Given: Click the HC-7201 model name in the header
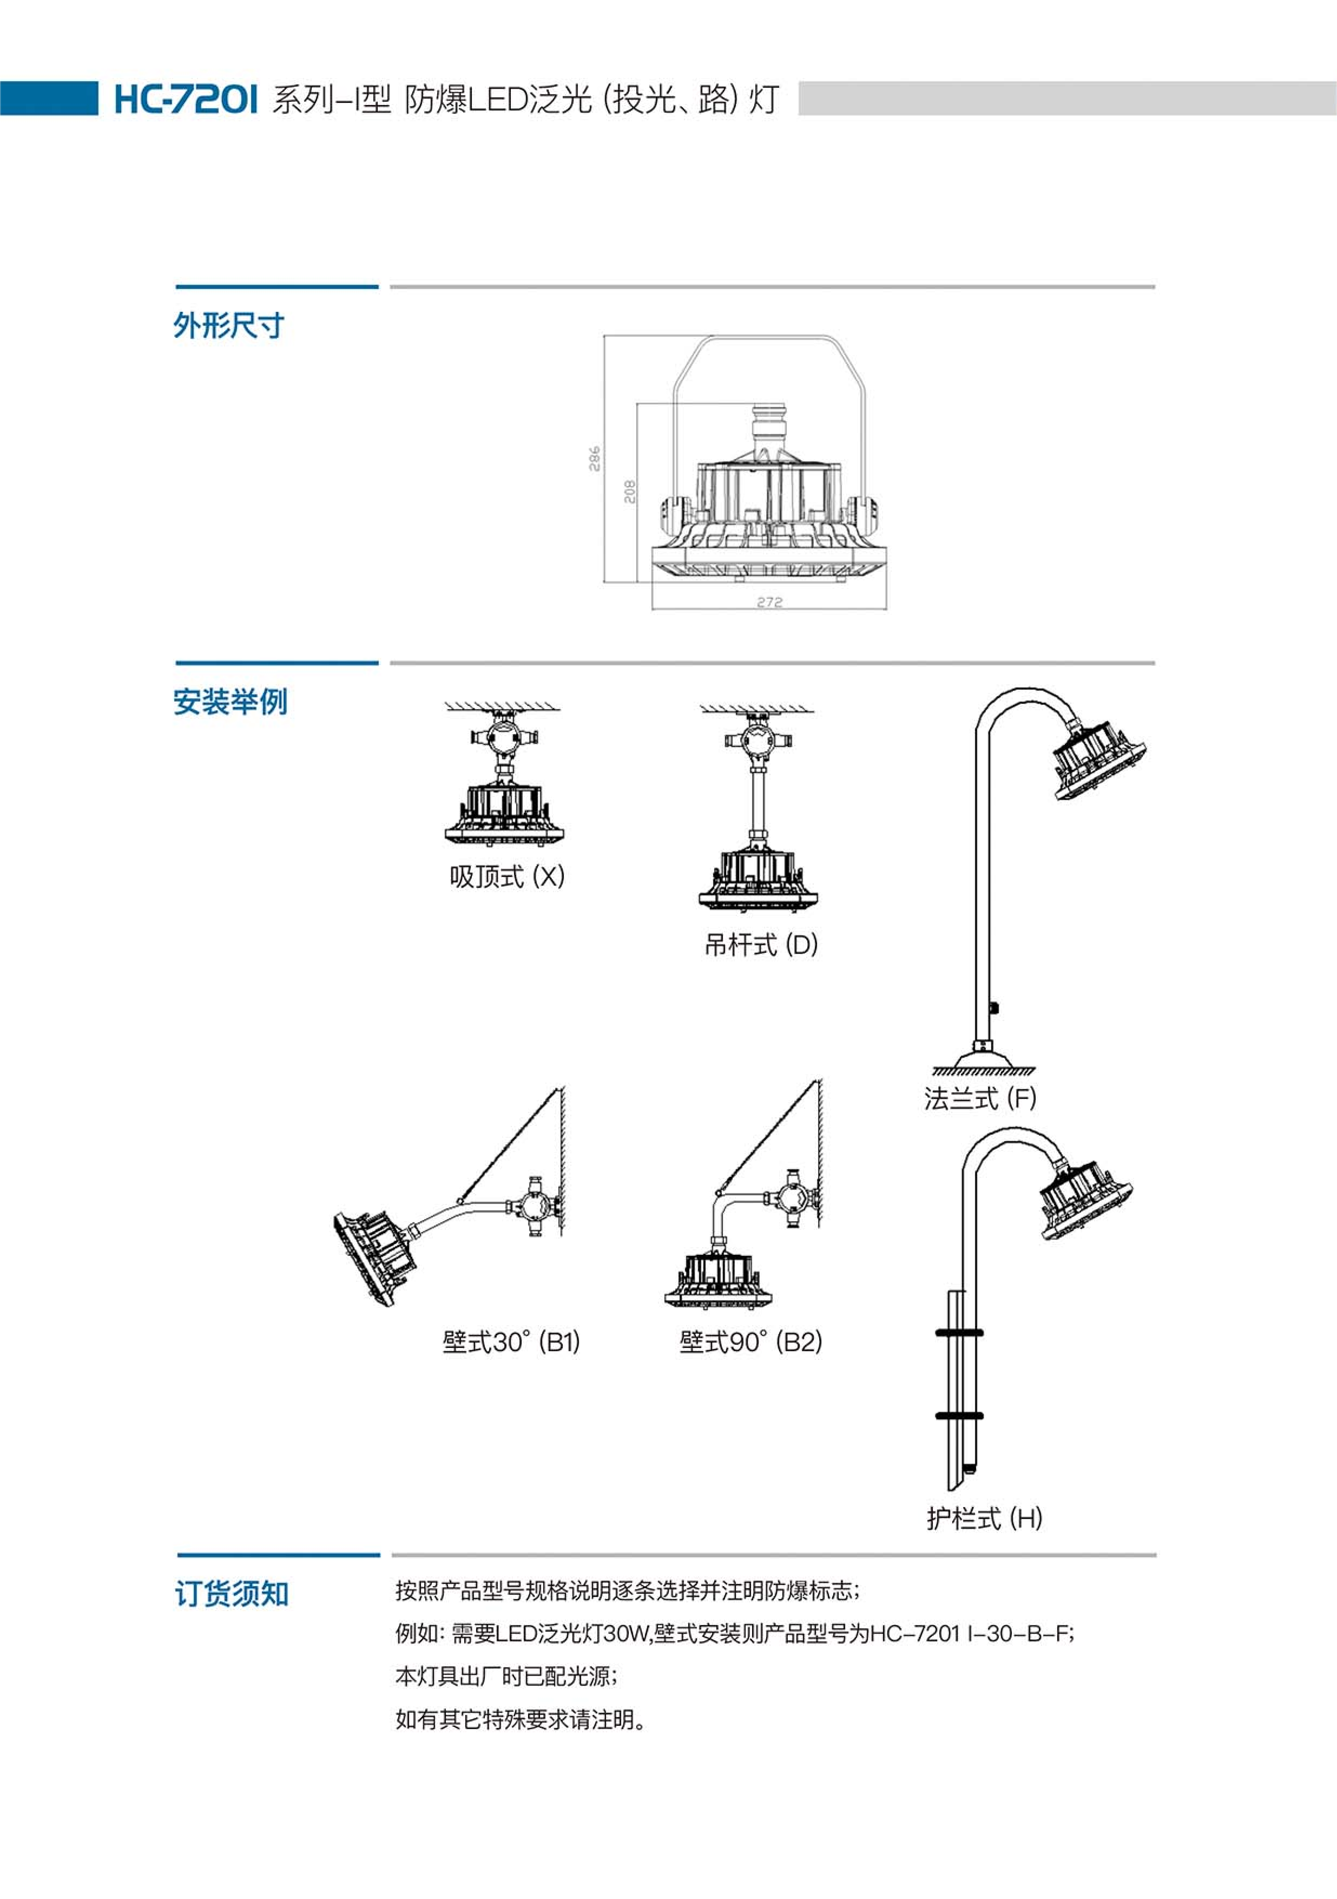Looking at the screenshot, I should tap(185, 99).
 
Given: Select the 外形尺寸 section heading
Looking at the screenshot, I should tap(228, 325).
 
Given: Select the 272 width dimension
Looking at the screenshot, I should tap(769, 602).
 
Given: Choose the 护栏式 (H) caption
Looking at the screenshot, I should tap(984, 1518).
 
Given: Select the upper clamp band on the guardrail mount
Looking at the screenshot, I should tap(959, 1332).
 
